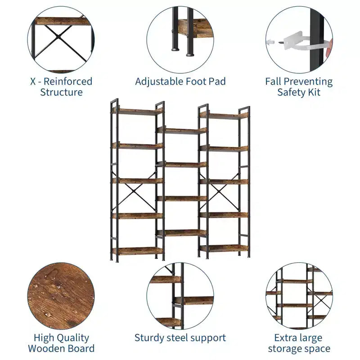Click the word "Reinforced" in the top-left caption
click(68, 81)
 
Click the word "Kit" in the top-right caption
click(314, 92)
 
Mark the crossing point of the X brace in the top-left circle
click(59, 36)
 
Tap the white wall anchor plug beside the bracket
click(270, 42)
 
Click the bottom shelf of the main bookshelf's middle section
click(182, 233)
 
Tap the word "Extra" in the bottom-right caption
click(285, 338)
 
